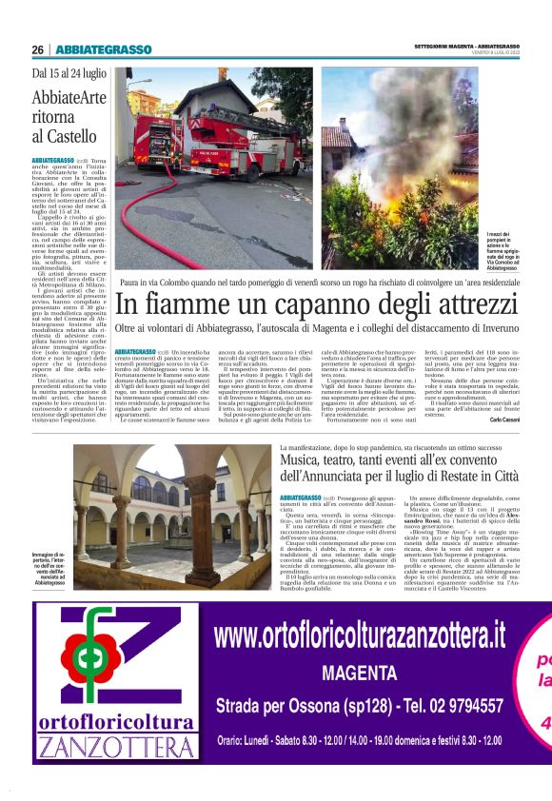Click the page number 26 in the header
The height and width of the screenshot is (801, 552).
tap(38, 49)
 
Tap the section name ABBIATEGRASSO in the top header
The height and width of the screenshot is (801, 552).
tap(104, 49)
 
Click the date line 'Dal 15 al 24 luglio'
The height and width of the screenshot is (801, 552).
tap(69, 73)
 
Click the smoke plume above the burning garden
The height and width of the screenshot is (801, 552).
tap(428, 105)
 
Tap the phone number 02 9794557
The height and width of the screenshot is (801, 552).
tap(456, 706)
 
